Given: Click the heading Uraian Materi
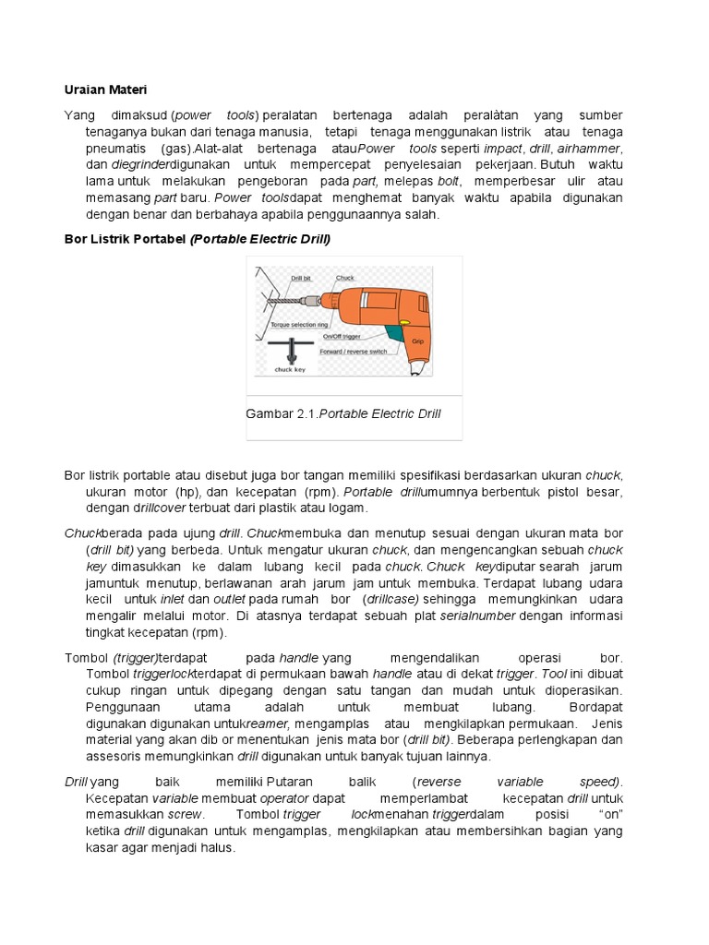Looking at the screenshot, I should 105,90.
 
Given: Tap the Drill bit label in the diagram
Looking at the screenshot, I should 302,277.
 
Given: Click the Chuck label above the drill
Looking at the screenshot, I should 345,277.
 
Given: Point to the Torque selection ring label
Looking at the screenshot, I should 300,326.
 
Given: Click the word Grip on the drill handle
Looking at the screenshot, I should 417,341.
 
